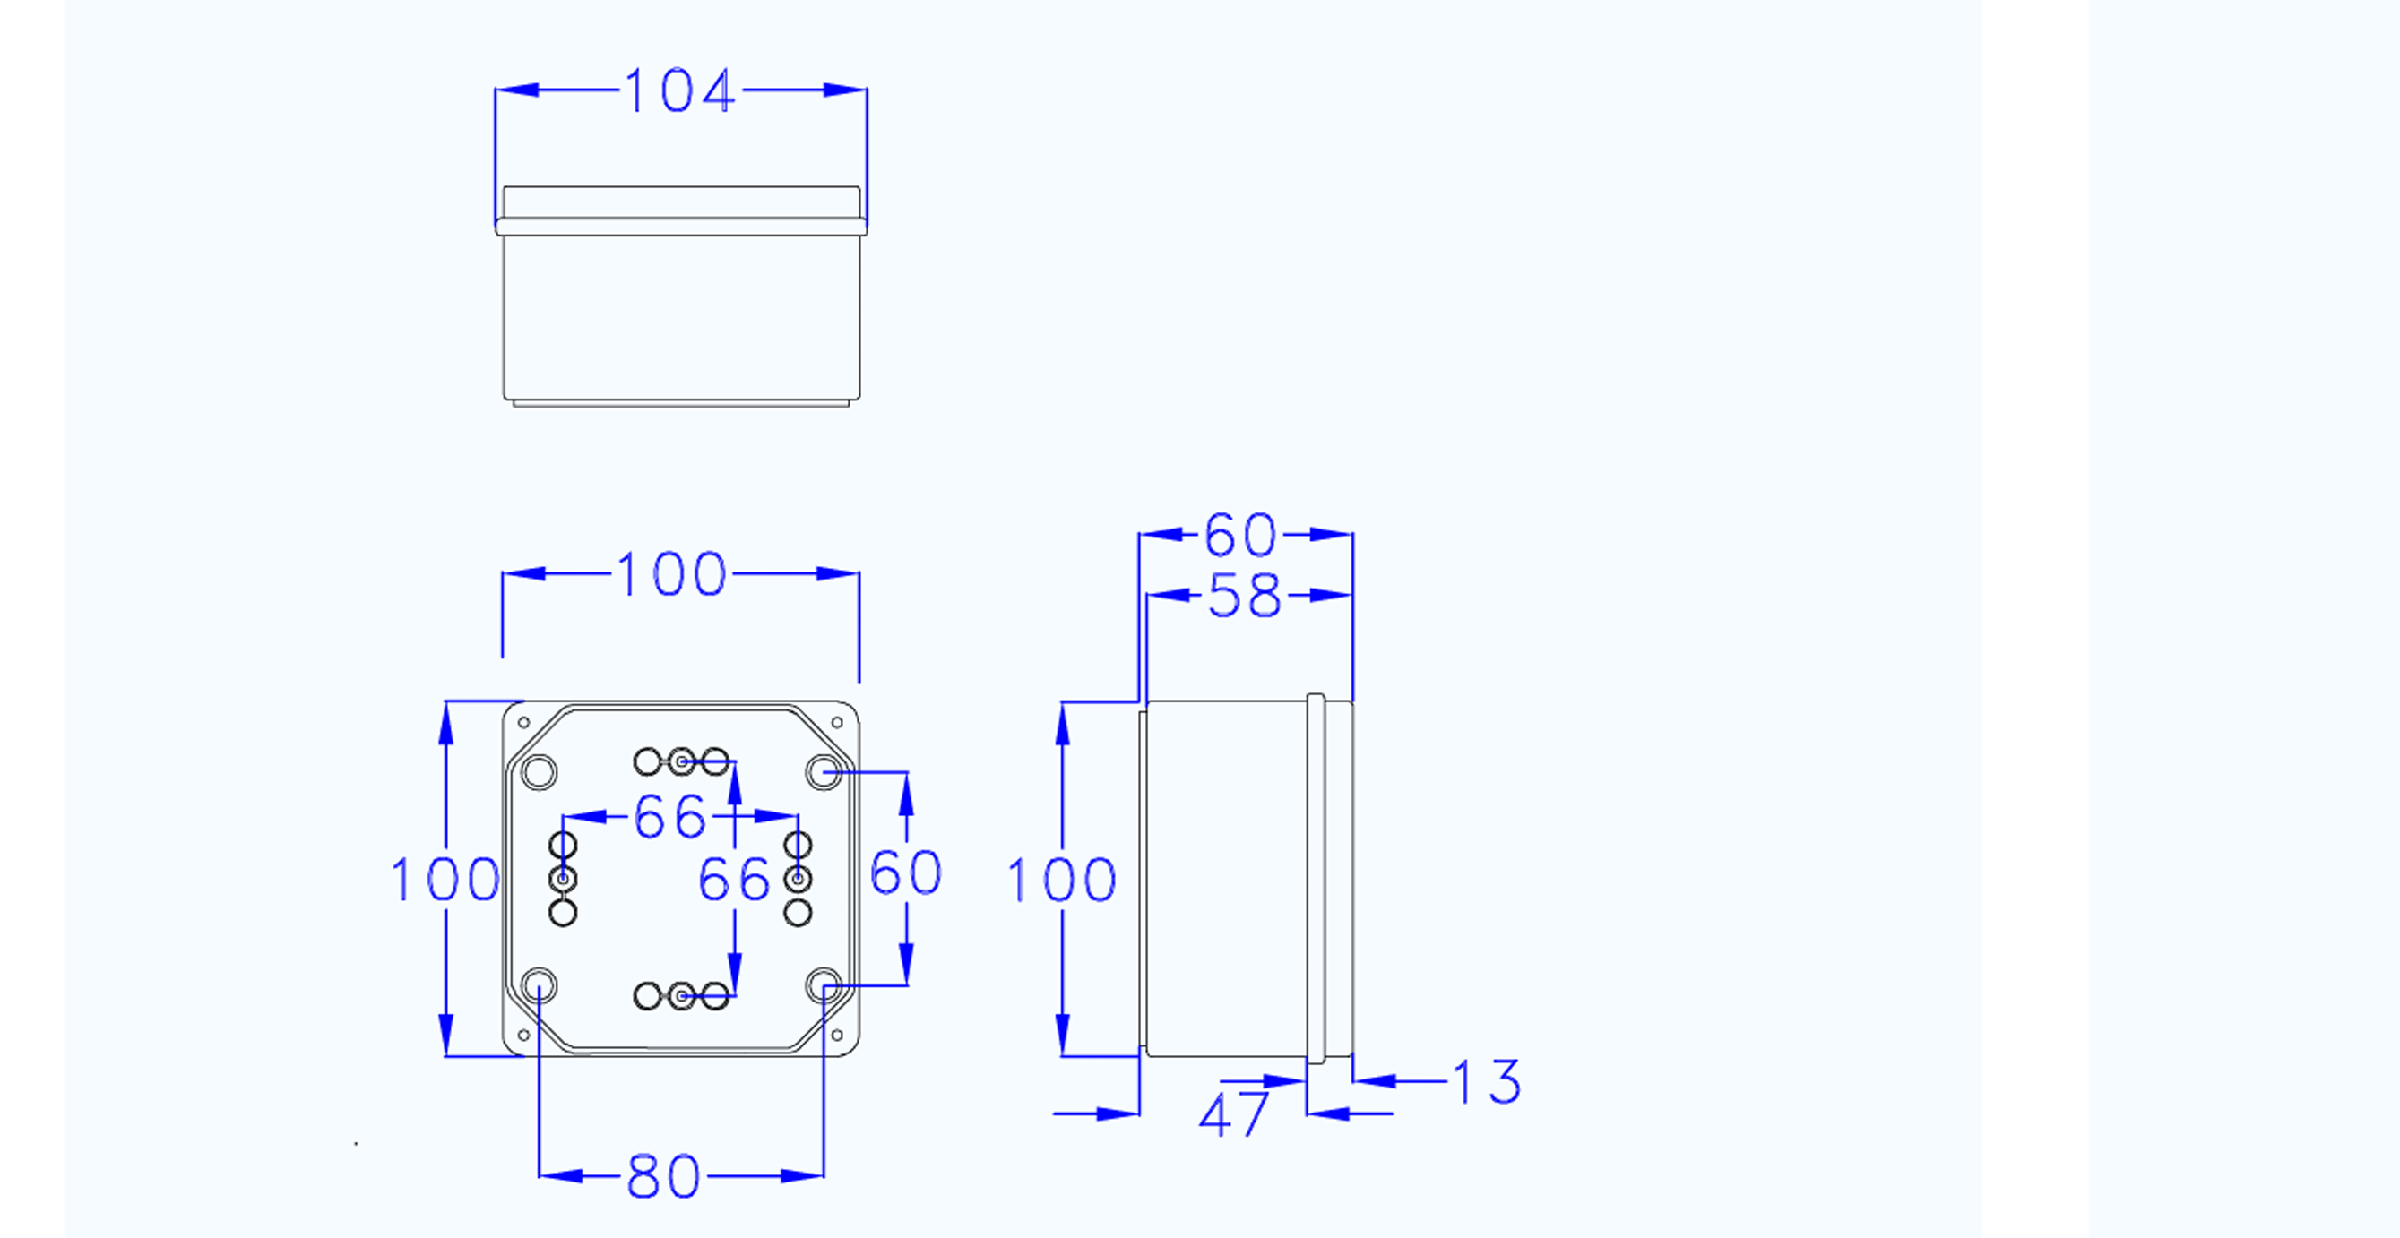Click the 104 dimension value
coord(680,91)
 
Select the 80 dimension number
coord(663,1176)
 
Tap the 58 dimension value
coord(1244,597)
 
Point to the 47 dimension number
coord(1233,1115)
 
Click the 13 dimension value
coord(1487,1082)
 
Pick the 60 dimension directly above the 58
coord(1241,535)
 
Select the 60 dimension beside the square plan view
coord(905,873)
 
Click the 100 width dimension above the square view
coord(672,574)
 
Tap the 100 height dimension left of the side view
coord(1062,880)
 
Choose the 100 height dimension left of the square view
coord(445,880)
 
